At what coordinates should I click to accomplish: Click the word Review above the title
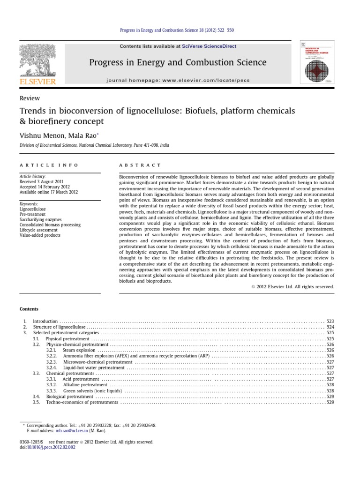pyautogui.click(x=30, y=98)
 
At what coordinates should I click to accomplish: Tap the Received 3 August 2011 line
pyautogui.click(x=41, y=181)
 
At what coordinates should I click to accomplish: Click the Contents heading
pyautogui.click(x=29, y=309)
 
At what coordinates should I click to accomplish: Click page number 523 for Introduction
pyautogui.click(x=330, y=321)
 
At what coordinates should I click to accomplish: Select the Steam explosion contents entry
pyautogui.click(x=79, y=350)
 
